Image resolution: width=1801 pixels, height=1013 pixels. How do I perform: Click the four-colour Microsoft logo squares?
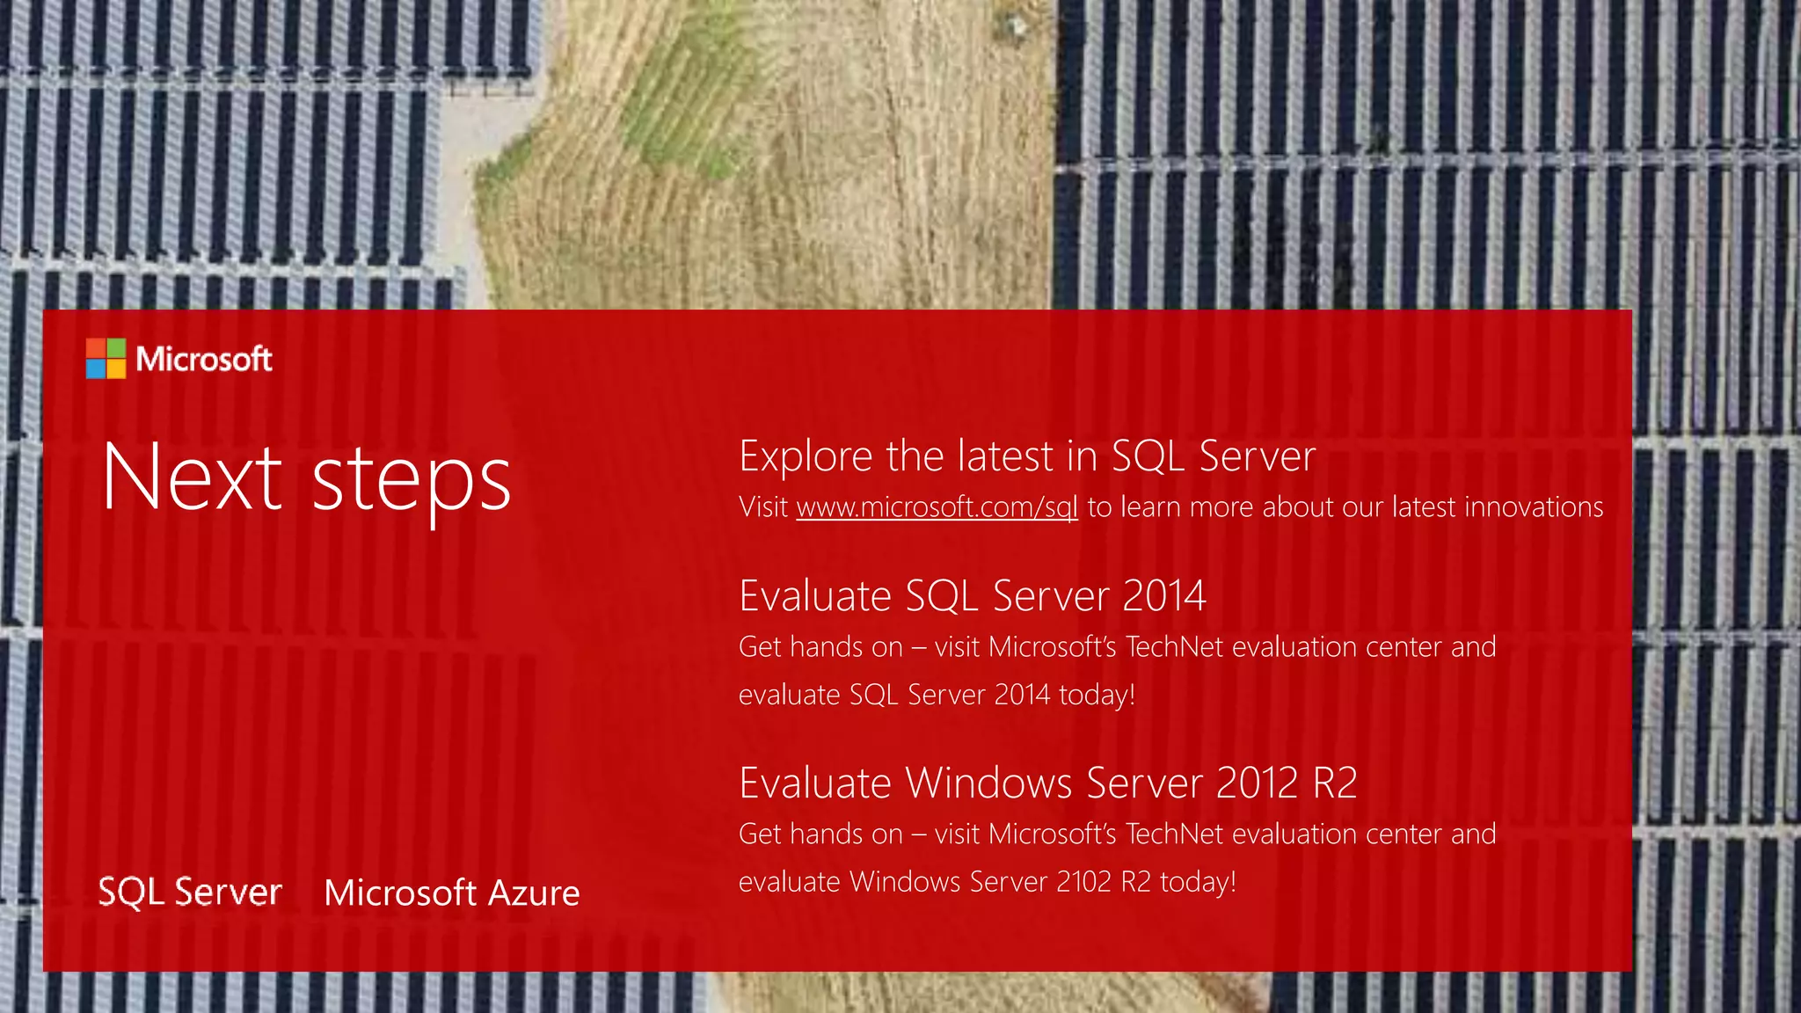click(x=106, y=359)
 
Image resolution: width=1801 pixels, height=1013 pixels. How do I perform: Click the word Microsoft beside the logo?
click(x=204, y=359)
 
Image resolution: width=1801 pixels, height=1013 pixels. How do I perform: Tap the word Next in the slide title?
click(x=192, y=477)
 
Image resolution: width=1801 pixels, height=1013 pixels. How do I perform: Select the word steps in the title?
click(x=411, y=482)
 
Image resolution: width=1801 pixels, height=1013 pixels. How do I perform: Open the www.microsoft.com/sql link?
click(x=937, y=507)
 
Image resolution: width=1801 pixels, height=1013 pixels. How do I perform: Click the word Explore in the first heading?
click(x=806, y=457)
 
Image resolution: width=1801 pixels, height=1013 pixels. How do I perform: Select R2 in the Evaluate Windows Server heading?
click(x=1335, y=783)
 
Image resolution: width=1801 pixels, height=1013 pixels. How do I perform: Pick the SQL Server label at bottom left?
click(x=190, y=892)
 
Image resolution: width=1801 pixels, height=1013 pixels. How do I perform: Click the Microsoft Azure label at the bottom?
click(x=452, y=893)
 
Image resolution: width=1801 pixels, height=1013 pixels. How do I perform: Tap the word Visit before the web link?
click(x=762, y=507)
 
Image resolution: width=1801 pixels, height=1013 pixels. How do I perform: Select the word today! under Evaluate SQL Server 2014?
click(x=1097, y=695)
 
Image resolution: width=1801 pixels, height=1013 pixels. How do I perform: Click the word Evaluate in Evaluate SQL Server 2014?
click(x=815, y=596)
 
